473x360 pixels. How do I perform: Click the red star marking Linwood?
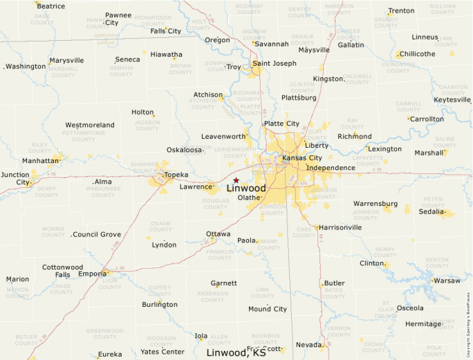click(236, 180)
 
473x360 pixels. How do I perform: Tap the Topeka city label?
click(176, 175)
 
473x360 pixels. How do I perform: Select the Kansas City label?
click(302, 158)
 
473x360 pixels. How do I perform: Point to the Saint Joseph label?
click(275, 64)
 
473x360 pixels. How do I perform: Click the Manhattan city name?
click(41, 160)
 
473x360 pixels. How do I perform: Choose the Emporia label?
click(92, 274)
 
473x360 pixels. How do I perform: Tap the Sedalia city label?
click(432, 211)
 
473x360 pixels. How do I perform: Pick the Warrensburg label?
click(375, 204)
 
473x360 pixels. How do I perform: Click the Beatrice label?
click(51, 6)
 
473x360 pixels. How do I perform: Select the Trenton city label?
click(401, 11)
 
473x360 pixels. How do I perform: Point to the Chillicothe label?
click(418, 54)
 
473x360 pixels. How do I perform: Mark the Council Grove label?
click(97, 235)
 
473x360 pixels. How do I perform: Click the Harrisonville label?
click(340, 227)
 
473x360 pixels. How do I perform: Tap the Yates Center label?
click(163, 352)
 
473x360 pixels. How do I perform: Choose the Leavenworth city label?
click(223, 137)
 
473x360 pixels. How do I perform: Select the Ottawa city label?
click(219, 234)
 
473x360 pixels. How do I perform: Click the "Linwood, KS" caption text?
click(236, 352)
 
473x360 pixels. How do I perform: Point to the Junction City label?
click(15, 178)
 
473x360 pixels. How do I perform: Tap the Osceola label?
click(410, 307)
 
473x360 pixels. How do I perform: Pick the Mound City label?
click(268, 309)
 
